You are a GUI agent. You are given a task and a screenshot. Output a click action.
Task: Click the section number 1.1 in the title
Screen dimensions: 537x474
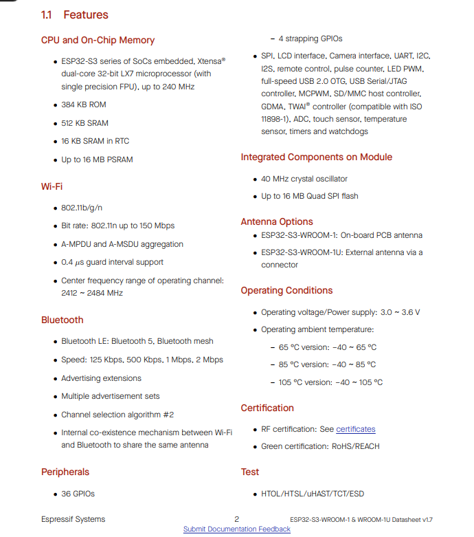tap(47, 14)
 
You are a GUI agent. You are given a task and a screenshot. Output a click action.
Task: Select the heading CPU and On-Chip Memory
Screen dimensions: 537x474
tap(98, 40)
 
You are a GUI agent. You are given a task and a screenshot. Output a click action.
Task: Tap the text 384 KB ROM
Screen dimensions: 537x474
tap(84, 105)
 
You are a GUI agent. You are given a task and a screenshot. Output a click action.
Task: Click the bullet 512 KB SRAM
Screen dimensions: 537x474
tap(85, 123)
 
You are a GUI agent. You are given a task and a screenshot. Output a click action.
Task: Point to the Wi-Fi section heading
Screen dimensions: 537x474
tap(52, 186)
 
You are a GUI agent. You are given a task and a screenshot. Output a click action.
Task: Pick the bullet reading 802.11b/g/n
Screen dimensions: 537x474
tap(82, 208)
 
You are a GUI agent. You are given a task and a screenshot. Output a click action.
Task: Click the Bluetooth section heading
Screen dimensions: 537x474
tap(62, 320)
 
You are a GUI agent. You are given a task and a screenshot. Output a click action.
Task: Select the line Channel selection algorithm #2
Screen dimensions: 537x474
tap(117, 415)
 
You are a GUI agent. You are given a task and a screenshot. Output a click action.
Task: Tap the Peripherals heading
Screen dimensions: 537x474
tap(65, 472)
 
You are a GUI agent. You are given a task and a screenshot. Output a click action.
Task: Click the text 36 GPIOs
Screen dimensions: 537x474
tap(78, 494)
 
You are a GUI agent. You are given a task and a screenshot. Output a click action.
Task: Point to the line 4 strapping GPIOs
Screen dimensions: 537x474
tap(311, 39)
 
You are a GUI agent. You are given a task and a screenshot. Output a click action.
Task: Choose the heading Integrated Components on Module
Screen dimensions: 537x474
tap(316, 157)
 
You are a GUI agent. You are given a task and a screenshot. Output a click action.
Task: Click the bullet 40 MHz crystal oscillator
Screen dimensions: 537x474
tap(304, 179)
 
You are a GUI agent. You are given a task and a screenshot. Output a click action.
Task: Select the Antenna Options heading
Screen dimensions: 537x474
tap(277, 221)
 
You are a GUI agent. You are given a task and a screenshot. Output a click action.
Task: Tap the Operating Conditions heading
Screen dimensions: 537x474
tap(286, 290)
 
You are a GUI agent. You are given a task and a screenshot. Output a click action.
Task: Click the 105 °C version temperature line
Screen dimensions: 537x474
tap(330, 382)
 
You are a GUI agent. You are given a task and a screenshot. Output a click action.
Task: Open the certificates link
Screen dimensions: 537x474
tap(356, 429)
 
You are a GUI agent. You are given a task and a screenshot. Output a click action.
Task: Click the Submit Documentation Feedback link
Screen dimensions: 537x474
tap(237, 529)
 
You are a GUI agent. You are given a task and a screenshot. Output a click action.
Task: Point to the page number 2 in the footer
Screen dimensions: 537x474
tap(236, 519)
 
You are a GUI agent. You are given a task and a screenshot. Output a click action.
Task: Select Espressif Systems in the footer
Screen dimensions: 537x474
tap(74, 519)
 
